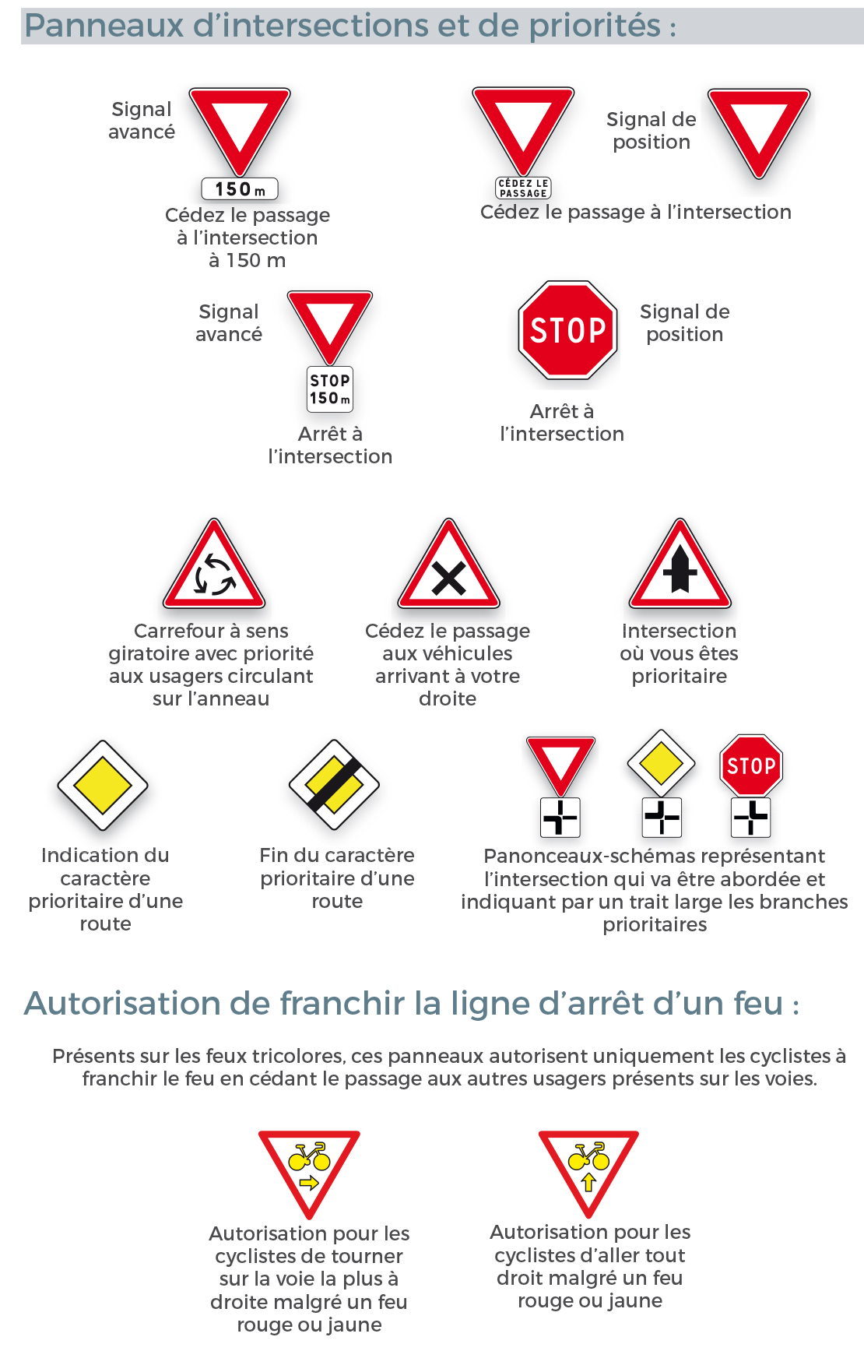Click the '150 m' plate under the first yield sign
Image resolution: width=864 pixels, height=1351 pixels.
coord(240,189)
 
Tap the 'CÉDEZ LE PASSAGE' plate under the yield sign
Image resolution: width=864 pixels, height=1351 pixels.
coord(523,188)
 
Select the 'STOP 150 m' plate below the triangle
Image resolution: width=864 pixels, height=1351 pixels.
coord(330,389)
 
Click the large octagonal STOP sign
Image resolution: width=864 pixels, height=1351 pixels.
coord(568,330)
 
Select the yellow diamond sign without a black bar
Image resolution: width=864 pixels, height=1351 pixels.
coord(103,786)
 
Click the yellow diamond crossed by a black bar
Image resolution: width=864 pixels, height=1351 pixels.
coord(334,786)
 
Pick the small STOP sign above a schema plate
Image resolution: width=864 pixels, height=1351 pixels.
coord(751,765)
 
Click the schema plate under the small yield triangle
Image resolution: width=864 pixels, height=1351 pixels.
coord(560,818)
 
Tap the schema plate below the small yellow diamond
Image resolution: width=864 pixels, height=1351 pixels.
coord(662,818)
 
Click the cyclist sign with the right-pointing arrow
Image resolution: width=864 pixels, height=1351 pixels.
coord(309,1168)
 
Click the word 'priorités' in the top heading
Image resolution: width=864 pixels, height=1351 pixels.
coord(595,26)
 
